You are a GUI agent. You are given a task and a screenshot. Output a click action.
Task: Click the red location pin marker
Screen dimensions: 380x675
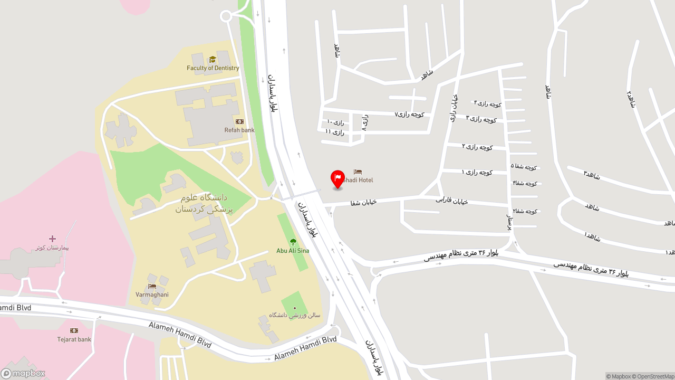point(337,178)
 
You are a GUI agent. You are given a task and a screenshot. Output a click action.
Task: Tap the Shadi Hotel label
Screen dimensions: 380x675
point(358,180)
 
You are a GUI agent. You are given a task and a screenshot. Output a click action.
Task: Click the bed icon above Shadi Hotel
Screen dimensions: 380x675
point(358,172)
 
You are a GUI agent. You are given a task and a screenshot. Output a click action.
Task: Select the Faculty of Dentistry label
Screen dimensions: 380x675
point(213,68)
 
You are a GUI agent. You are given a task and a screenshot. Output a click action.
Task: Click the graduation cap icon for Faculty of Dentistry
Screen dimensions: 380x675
point(213,60)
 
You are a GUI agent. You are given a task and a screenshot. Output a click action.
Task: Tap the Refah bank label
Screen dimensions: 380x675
point(239,130)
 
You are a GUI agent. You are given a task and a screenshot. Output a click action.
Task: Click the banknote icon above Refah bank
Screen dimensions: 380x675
point(239,122)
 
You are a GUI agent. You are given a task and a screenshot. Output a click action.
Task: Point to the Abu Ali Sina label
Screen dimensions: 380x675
point(293,251)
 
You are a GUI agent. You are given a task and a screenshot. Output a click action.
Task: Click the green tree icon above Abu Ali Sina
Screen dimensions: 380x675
point(293,242)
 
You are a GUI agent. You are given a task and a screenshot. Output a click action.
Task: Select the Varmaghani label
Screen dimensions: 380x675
point(152,294)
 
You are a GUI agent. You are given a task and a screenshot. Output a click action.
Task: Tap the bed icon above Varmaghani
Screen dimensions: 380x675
point(152,286)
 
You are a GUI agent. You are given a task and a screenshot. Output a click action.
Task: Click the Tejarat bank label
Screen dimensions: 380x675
point(74,339)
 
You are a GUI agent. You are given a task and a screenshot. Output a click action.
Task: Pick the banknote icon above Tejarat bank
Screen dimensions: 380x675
point(74,331)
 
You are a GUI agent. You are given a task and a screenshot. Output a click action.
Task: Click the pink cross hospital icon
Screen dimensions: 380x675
point(52,239)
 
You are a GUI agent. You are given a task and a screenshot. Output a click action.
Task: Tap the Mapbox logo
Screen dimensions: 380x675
point(23,374)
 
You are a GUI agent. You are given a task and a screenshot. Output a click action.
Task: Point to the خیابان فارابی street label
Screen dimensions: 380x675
point(452,201)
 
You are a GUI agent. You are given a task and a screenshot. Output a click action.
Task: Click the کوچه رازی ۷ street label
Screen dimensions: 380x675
point(410,114)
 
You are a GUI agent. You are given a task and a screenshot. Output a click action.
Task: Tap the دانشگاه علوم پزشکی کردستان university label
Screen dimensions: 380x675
point(204,203)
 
